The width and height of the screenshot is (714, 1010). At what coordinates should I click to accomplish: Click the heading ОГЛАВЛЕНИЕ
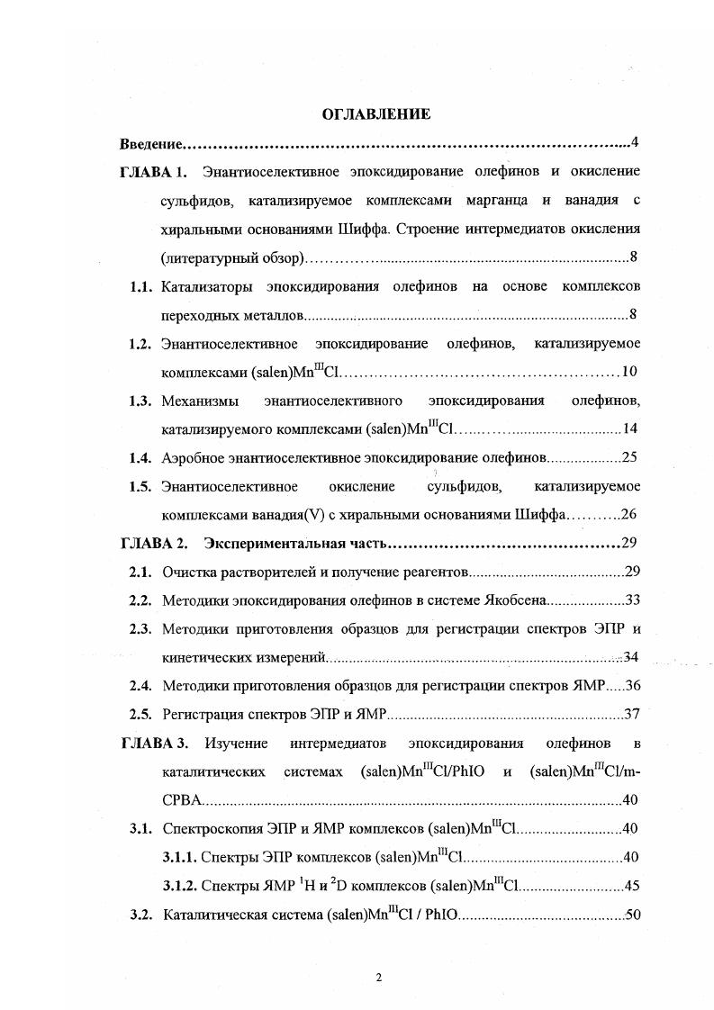pos(376,114)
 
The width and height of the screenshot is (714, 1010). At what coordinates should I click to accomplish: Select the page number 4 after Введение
pos(635,143)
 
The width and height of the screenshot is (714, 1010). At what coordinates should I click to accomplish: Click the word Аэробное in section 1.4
pos(192,458)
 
